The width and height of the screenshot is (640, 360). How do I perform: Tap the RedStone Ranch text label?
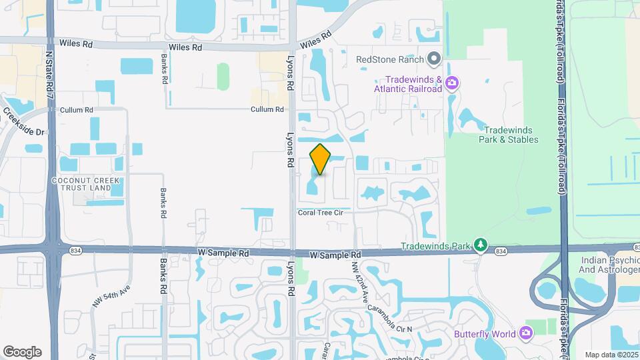click(390, 59)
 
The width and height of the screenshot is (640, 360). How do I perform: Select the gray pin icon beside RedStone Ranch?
click(434, 59)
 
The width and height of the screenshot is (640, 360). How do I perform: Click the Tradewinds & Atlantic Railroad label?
click(408, 84)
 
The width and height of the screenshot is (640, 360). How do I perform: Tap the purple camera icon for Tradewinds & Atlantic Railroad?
click(453, 83)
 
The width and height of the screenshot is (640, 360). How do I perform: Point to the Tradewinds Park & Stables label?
click(509, 135)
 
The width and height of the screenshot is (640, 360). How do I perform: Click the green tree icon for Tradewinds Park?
click(480, 246)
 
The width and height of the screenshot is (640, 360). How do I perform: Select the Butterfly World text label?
click(484, 333)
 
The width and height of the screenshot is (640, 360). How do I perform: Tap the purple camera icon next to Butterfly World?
click(527, 333)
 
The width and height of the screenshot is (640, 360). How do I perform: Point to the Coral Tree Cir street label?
click(323, 213)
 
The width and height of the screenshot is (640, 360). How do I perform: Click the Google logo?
click(22, 352)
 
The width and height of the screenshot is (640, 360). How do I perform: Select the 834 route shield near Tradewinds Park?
click(501, 251)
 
